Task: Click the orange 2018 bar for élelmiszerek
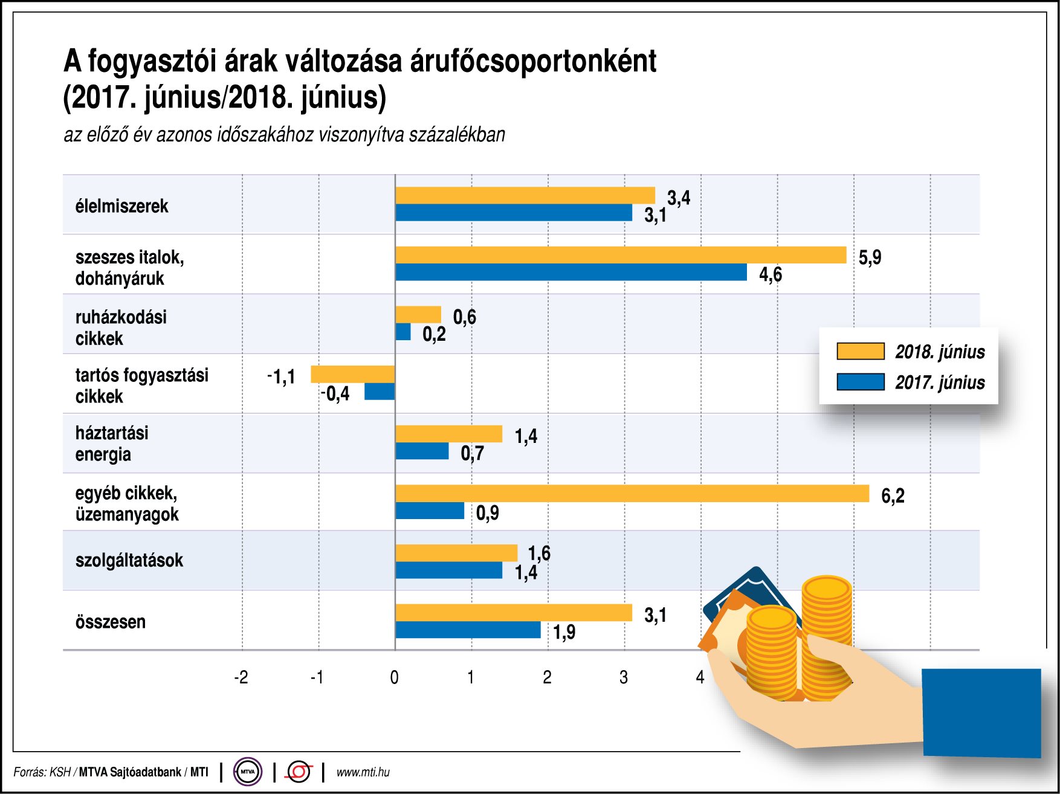point(525,195)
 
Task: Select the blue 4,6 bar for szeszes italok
point(570,273)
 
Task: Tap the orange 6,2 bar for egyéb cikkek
point(632,493)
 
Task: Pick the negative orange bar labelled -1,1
point(352,374)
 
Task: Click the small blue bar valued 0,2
point(403,332)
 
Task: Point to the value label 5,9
point(870,257)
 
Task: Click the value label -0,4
point(335,394)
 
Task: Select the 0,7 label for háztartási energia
point(472,453)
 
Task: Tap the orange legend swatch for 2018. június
point(860,351)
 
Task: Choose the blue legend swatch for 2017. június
point(860,382)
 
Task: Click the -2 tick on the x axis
point(241,677)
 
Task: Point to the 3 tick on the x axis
point(624,677)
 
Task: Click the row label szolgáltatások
point(129,560)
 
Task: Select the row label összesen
point(111,622)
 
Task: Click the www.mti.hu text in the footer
point(363,772)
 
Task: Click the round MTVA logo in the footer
point(248,772)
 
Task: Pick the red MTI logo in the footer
point(299,772)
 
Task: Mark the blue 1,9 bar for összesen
point(468,630)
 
